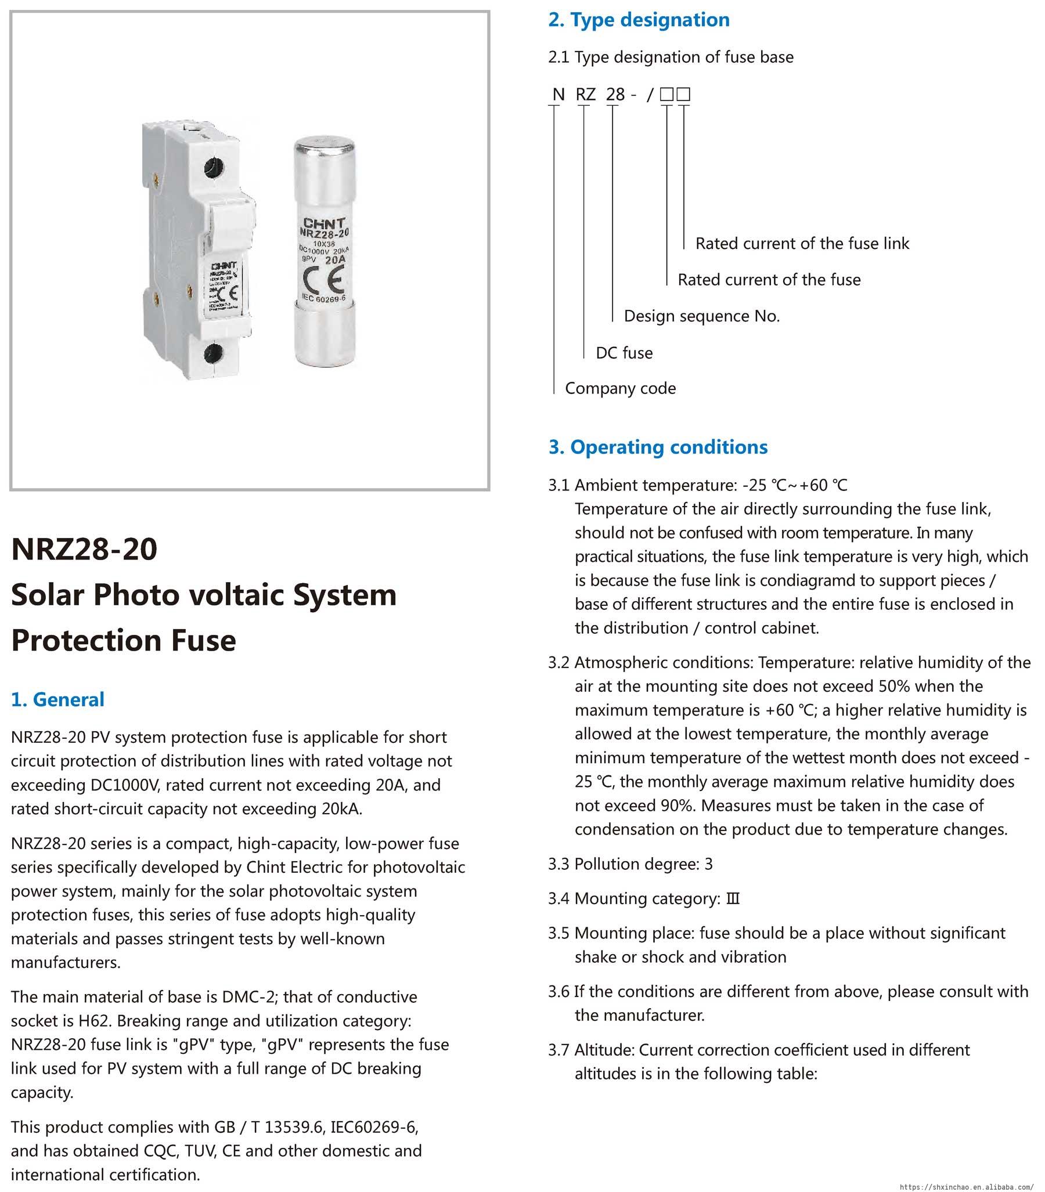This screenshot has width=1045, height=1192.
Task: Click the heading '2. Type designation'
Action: coord(639,20)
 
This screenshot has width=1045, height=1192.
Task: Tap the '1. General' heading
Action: coord(57,699)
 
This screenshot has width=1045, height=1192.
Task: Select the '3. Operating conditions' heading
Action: coord(658,447)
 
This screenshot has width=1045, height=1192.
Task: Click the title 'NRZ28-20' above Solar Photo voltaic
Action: coord(84,549)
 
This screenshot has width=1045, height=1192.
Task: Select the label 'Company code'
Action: coord(621,389)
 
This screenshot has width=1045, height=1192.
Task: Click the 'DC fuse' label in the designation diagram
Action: coord(624,353)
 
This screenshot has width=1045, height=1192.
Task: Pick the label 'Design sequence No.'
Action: coord(701,316)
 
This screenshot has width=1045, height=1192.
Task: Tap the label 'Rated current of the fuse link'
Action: coord(802,244)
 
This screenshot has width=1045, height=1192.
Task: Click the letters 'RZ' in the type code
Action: coord(585,95)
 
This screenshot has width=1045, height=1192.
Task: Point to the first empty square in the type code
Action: coord(666,95)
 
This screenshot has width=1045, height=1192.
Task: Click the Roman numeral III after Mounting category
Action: coord(733,899)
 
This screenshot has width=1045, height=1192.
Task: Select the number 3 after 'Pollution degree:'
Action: coord(708,864)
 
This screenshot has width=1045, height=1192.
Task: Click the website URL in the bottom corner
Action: coord(966,1187)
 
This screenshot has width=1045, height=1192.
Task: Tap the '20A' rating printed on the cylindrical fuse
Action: coord(335,260)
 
